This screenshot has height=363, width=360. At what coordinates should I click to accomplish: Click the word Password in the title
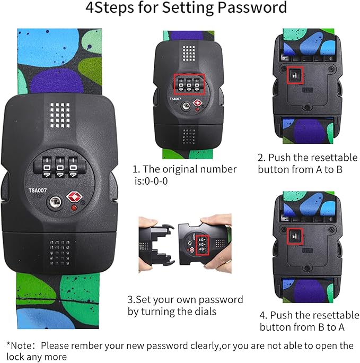tap(252, 7)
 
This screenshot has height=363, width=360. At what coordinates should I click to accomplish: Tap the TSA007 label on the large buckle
tap(38, 191)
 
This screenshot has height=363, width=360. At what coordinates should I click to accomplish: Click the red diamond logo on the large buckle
tap(74, 196)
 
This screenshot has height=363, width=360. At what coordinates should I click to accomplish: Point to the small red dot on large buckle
tap(74, 208)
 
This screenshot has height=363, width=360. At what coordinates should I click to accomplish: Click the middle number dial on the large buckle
tap(60, 167)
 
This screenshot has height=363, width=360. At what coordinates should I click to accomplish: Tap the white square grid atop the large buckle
tap(60, 115)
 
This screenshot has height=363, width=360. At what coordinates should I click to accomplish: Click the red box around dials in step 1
tap(189, 84)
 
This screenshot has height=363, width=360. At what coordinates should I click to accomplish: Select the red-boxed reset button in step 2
tap(295, 75)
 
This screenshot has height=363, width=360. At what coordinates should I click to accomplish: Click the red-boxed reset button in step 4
tap(295, 236)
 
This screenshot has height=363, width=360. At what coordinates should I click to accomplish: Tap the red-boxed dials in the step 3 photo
tap(203, 245)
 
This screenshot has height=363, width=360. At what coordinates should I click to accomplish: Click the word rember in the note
tap(87, 346)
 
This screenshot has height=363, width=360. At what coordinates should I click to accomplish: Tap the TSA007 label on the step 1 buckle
tap(175, 99)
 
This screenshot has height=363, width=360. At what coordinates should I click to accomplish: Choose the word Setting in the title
tap(188, 7)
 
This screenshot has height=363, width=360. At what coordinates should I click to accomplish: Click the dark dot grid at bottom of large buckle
tap(60, 253)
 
